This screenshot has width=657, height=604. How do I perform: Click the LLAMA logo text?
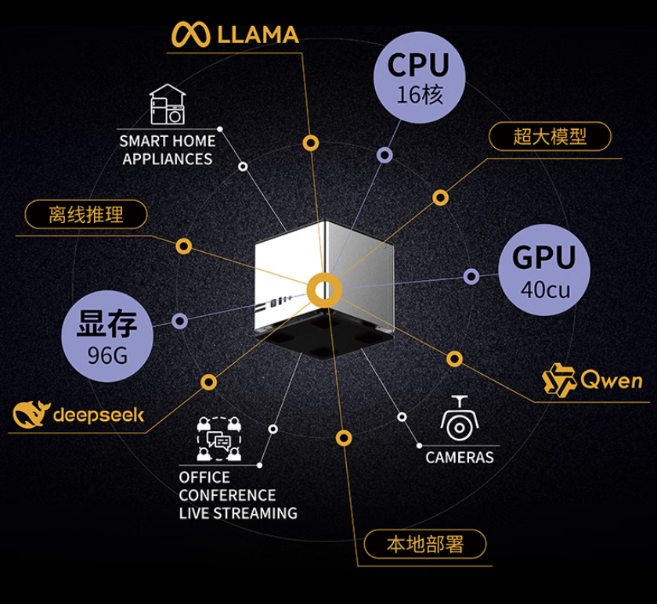[257, 34]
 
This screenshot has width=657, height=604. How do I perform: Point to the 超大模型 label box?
[550, 137]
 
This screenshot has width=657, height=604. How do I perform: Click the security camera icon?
[459, 419]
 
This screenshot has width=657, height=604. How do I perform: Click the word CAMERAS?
[460, 457]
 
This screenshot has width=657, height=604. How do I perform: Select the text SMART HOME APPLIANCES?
[166, 150]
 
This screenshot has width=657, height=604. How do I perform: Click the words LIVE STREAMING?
[238, 513]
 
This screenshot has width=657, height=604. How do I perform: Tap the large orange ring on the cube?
[323, 290]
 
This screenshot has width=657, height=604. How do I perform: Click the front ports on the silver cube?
[279, 300]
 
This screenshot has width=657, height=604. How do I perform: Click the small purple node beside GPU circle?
[471, 276]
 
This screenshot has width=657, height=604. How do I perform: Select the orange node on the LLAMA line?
[311, 143]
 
